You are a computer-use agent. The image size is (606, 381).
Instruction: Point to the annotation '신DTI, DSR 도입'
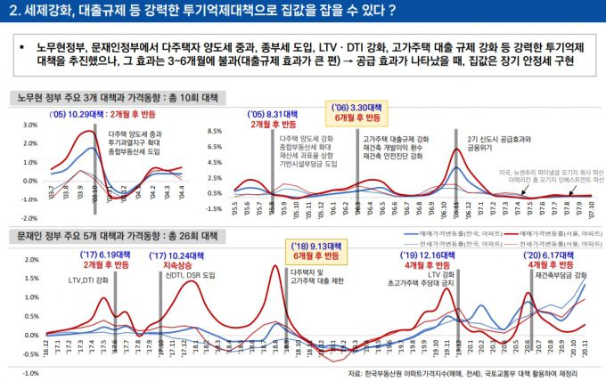pyautogui.click(x=191, y=275)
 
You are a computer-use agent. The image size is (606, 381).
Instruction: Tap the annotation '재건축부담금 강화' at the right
pyautogui.click(x=560, y=275)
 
